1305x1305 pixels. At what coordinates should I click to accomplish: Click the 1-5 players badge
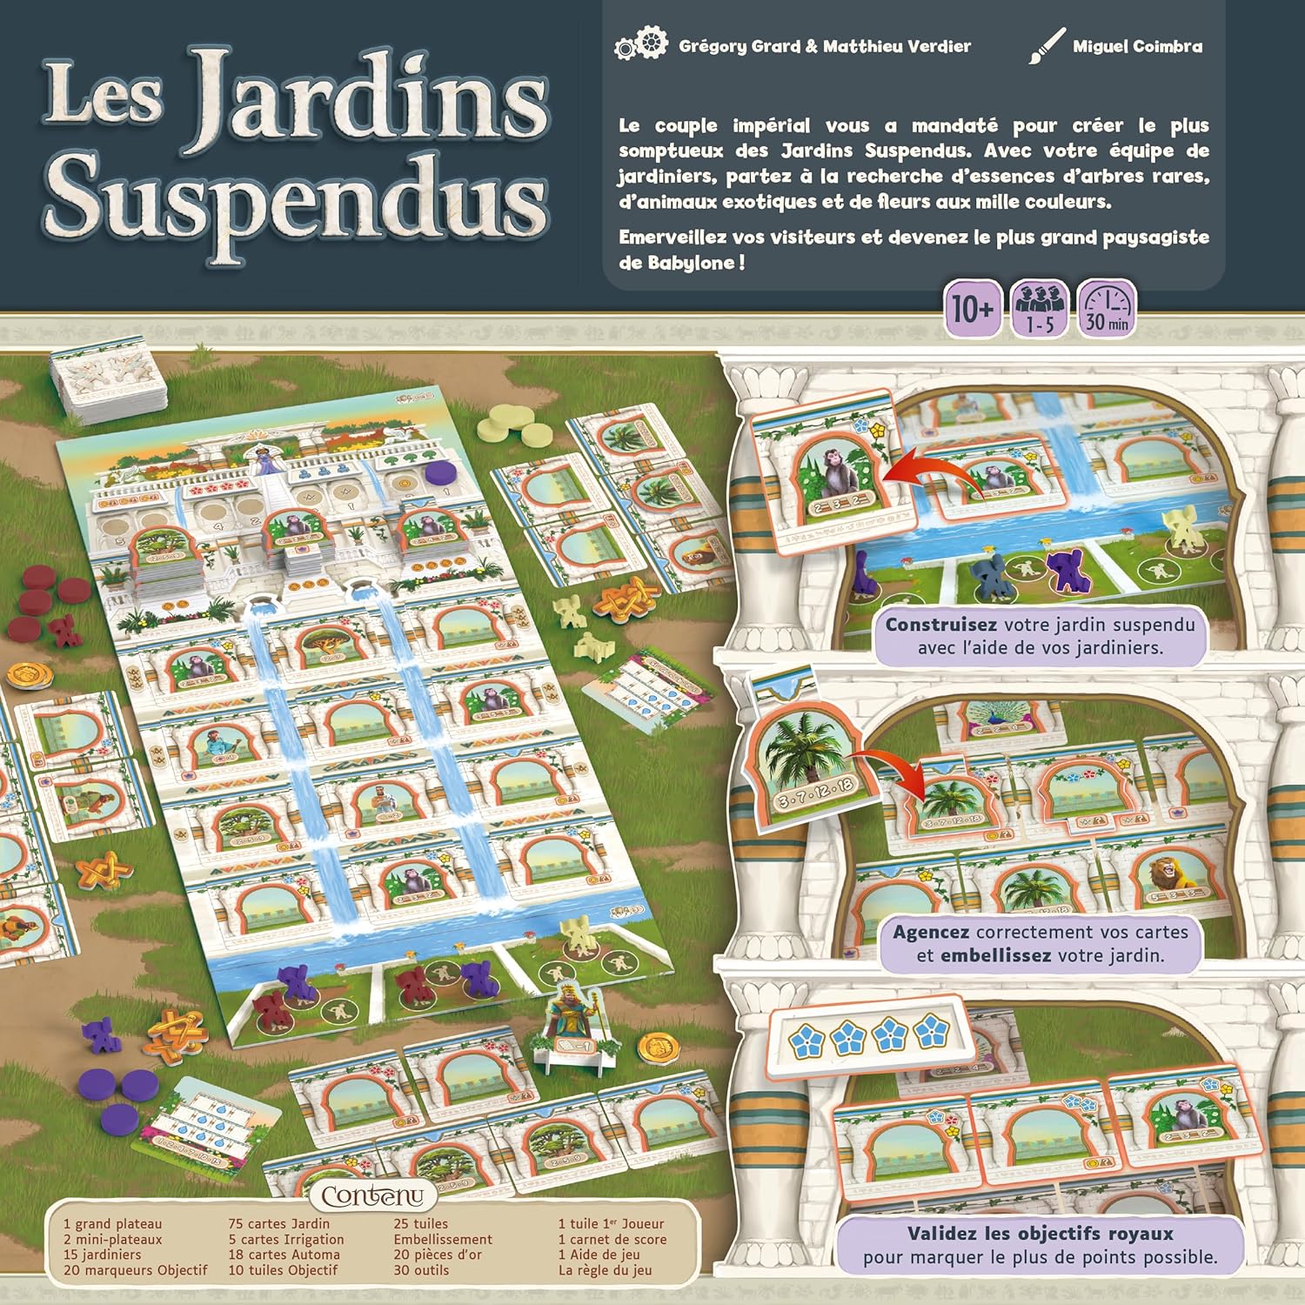tap(1041, 309)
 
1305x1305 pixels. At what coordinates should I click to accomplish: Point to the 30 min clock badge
tap(1107, 309)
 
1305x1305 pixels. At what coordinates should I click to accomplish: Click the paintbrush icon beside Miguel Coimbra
tap(1047, 45)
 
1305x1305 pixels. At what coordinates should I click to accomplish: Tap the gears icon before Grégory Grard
tap(641, 45)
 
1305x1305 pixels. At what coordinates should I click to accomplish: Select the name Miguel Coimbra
tap(1137, 46)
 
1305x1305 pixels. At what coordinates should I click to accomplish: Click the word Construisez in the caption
tap(940, 625)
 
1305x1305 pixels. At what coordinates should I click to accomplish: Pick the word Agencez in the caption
tap(930, 932)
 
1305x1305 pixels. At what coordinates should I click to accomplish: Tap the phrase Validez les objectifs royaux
tap(1040, 1233)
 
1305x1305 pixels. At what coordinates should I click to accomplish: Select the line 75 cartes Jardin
tap(278, 1224)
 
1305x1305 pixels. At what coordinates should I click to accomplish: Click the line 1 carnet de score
tap(612, 1239)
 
